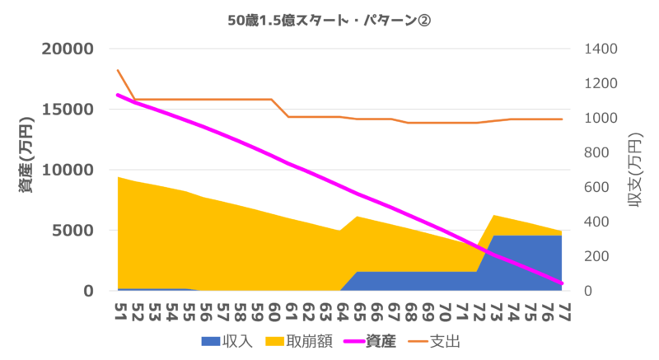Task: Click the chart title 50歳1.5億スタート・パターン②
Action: click(329, 21)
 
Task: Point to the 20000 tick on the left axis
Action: click(70, 49)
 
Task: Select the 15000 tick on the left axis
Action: click(70, 110)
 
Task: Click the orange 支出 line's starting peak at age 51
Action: click(118, 71)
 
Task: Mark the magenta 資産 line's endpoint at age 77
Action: click(562, 283)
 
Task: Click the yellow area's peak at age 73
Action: click(493, 216)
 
